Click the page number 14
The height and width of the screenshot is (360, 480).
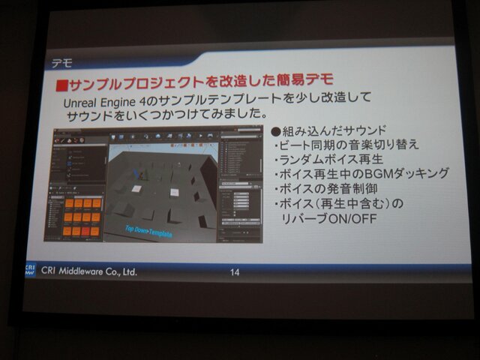coord(235,272)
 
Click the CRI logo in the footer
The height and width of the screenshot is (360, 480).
coord(30,268)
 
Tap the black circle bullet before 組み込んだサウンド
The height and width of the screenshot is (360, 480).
coord(275,130)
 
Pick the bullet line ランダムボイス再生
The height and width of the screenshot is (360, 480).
coord(331,159)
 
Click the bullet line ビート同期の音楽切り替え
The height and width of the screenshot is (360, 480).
coord(346,145)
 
